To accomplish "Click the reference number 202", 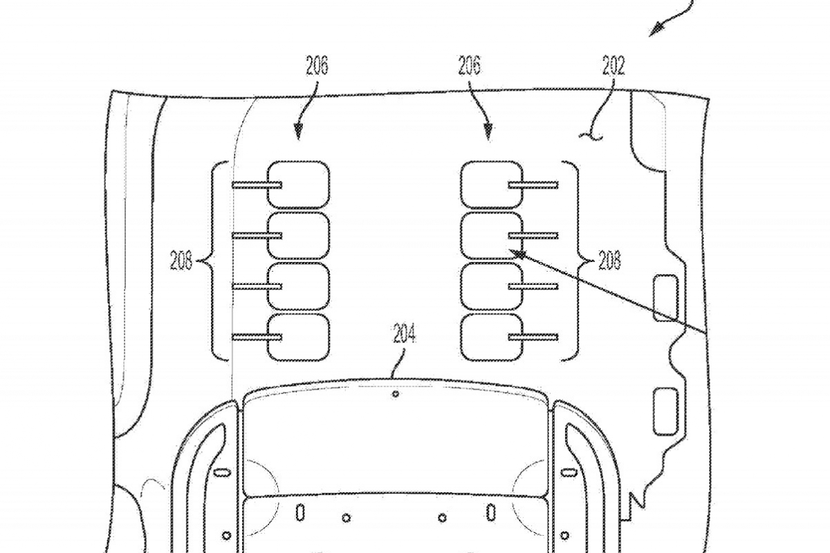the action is tap(614, 66).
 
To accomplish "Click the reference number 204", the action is tap(404, 333).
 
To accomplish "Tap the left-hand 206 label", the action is tap(317, 66).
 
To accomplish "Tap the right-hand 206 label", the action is tap(470, 66).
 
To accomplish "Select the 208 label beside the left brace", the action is tap(181, 260).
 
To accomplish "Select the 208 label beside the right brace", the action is tap(609, 260).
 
